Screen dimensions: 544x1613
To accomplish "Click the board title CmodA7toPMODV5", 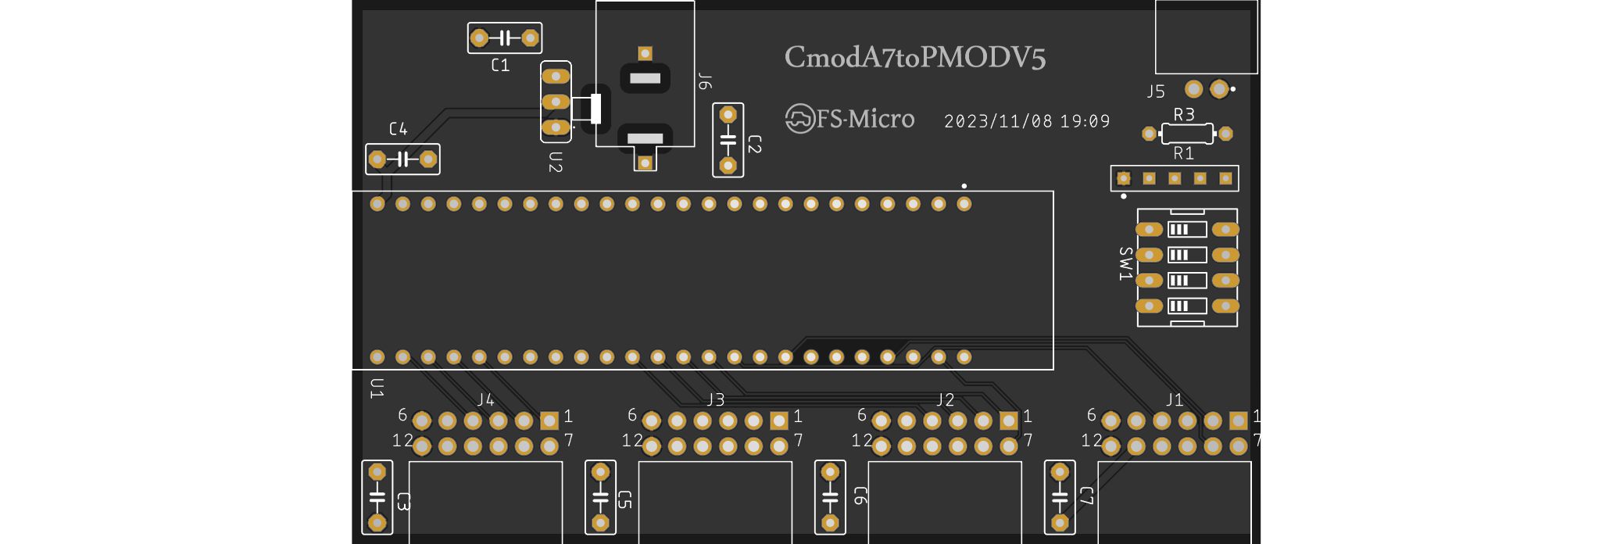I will [914, 58].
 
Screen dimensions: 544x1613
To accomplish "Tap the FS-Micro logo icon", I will [799, 119].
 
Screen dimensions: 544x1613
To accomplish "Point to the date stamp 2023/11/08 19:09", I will [1027, 121].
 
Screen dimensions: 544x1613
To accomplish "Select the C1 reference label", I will [500, 66].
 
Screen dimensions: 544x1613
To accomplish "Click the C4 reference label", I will [398, 129].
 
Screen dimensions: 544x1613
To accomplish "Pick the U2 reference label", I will [556, 162].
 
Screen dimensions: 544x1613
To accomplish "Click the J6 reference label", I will [705, 81].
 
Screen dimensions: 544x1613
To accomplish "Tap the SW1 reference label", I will [1125, 263].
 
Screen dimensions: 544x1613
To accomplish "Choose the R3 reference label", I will [1184, 115].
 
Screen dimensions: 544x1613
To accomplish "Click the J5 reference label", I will [1155, 92].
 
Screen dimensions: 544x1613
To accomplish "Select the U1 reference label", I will [377, 388].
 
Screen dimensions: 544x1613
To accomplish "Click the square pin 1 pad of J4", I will [549, 421].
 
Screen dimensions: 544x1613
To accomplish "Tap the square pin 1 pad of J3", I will [779, 421].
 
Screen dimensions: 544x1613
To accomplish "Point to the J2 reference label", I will [946, 400].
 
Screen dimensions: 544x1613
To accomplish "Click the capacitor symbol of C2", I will [728, 141].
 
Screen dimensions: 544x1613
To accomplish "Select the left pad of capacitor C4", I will [377, 159].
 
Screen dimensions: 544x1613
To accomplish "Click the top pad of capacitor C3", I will [377, 472].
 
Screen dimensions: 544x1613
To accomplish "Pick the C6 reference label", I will [860, 496].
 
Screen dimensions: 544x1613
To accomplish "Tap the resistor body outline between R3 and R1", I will [1187, 134].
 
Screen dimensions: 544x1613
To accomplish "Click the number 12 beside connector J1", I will [1092, 441].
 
